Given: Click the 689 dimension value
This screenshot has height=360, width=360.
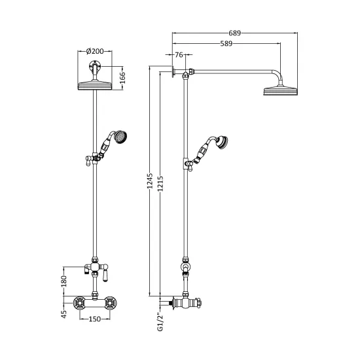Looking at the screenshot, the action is pos(234,33).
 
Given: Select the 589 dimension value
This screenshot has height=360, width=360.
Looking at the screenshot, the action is pos(226,44).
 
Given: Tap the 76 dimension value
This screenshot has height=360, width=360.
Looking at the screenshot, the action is pos(179,55).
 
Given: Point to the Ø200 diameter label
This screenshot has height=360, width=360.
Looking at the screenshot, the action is pos(95,51).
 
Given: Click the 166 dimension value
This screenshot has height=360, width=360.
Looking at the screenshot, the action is pos(122,78).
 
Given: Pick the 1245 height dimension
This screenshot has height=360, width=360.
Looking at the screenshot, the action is pos(150,181).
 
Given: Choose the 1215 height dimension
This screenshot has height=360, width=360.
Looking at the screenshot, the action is pos(160,183).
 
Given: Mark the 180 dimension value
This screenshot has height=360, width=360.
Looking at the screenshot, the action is pos(63,281).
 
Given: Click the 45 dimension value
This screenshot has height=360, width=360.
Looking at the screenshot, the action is pos(63,314).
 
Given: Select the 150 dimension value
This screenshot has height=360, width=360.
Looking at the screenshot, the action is pos(95,319).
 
